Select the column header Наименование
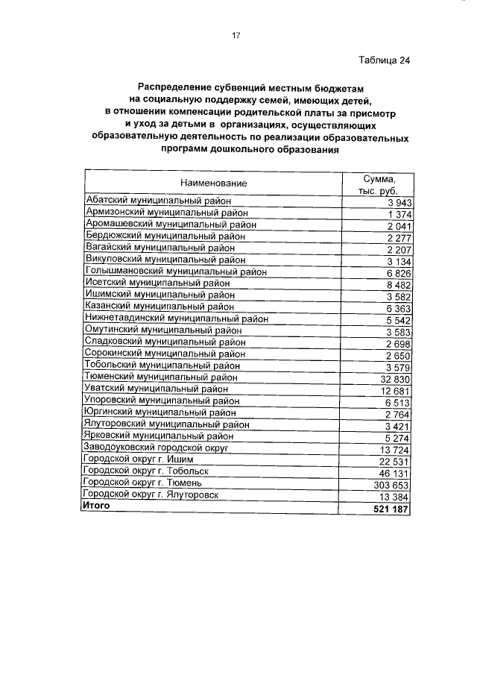212,183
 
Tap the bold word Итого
98,506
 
